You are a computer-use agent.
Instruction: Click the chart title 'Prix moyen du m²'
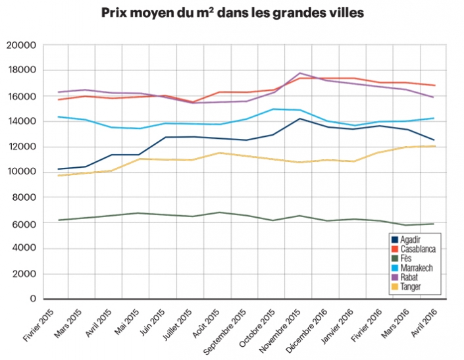click(x=232, y=13)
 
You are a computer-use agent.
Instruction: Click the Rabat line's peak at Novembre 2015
click(x=300, y=73)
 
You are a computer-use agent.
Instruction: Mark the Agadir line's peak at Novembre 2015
click(x=300, y=118)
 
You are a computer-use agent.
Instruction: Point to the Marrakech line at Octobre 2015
click(x=272, y=109)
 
